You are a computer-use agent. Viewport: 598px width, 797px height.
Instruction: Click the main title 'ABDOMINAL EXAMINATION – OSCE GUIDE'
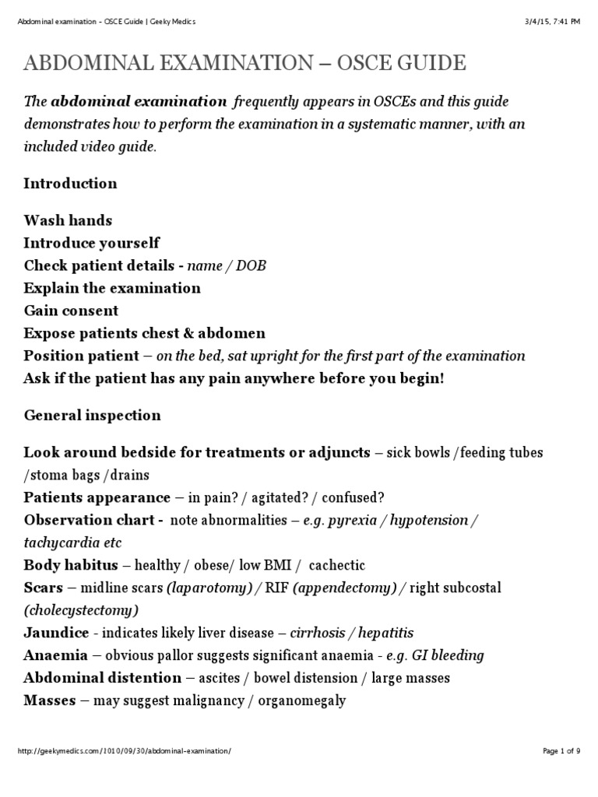[244, 64]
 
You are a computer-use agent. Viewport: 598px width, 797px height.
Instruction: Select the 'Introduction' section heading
[70, 184]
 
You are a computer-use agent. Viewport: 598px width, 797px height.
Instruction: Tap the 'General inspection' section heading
[92, 416]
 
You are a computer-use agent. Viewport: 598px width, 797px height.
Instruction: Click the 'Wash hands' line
[68, 221]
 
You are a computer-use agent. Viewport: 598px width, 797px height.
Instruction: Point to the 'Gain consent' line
[71, 311]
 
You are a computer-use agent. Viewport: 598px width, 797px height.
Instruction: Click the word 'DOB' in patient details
[251, 266]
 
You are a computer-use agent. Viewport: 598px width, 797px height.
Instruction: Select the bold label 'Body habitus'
[71, 565]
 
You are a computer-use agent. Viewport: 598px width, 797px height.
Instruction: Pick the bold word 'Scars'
[42, 588]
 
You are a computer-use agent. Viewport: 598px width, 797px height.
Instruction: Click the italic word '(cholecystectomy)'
[81, 610]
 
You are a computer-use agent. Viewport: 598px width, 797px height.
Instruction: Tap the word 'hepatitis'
[385, 633]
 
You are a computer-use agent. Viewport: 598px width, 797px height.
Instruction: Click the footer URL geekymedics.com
[124, 772]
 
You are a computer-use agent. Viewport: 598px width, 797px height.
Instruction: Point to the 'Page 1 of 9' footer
[561, 772]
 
